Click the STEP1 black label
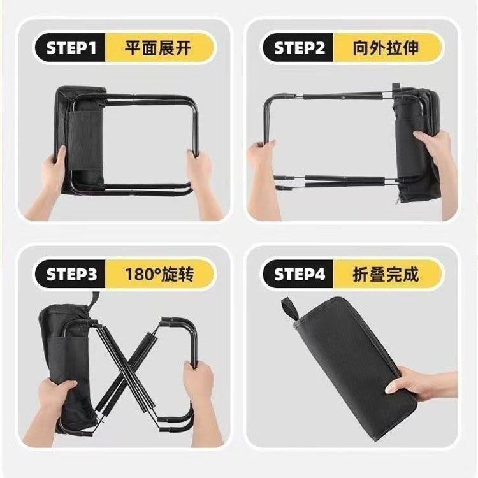pos(71,48)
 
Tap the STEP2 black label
pos(299,48)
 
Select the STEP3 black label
pos(71,274)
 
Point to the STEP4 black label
pos(299,274)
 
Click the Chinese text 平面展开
pos(157,48)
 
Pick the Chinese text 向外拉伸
pos(386,48)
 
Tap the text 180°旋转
pos(159,274)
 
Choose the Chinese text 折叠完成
pos(386,274)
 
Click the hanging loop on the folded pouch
pos(290,308)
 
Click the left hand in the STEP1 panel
pos(50,183)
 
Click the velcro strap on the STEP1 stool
pos(85,141)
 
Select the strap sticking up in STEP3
pos(94,300)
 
